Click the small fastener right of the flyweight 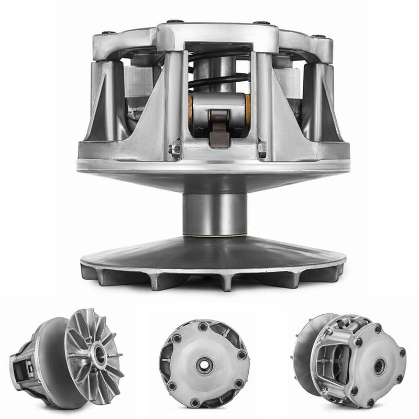click(x=261, y=149)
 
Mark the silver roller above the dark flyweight click(x=219, y=105)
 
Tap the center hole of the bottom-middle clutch click(x=204, y=365)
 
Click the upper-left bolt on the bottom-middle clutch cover click(x=175, y=338)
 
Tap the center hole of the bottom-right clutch click(x=379, y=366)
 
